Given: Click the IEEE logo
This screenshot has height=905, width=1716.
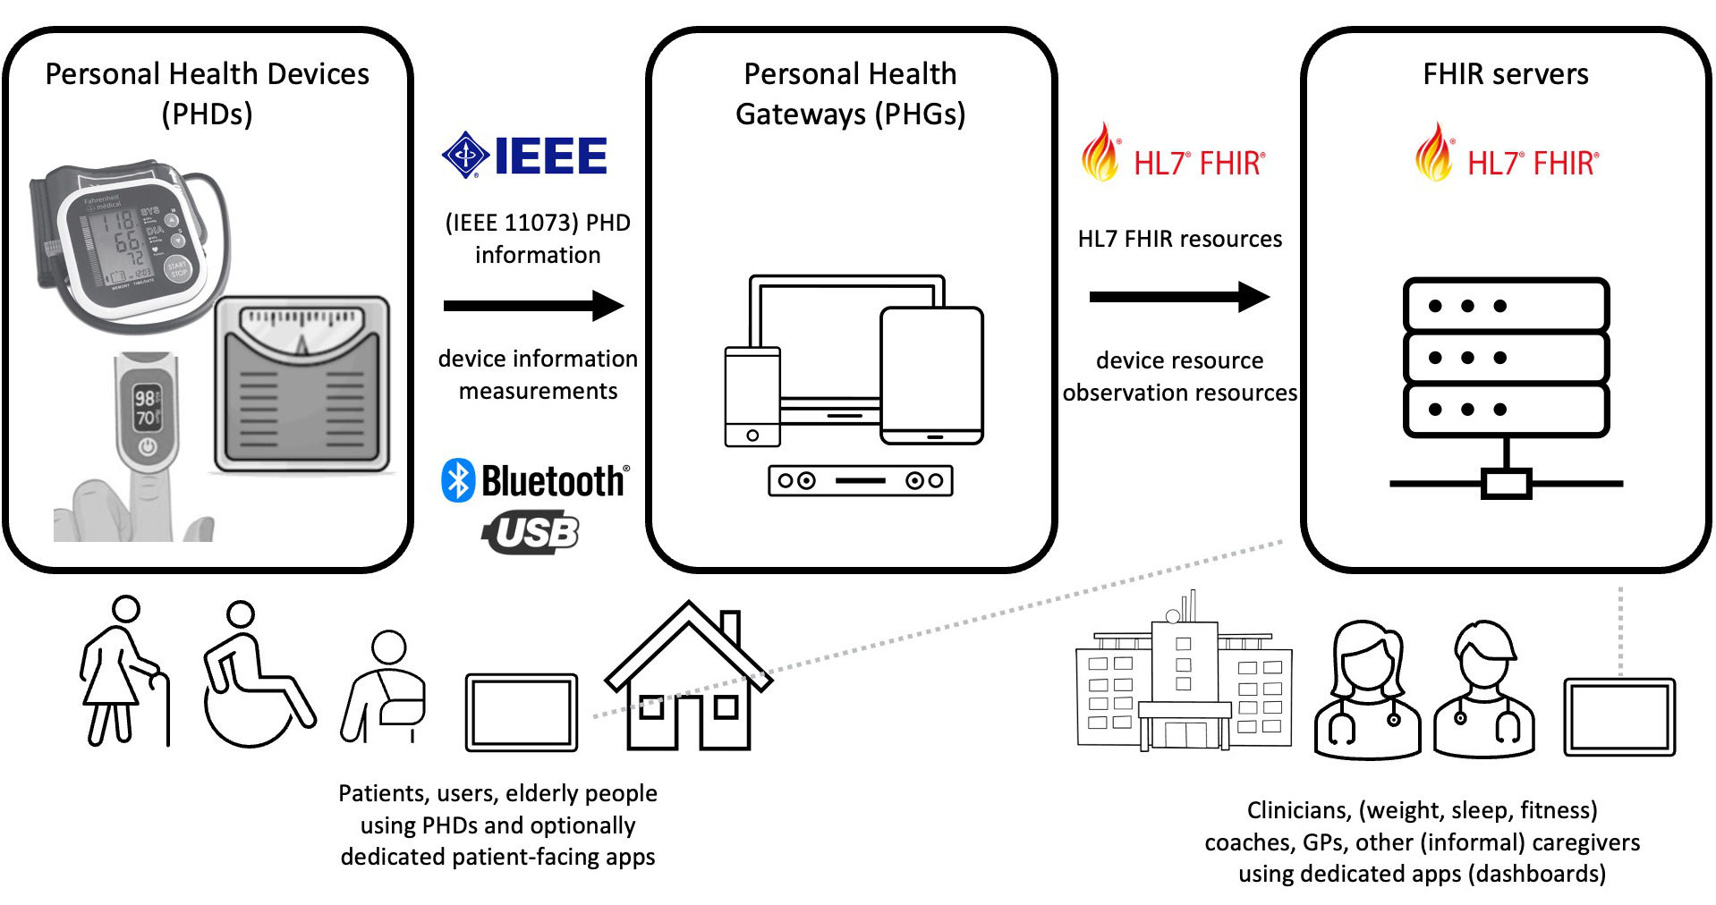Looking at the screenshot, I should pos(525,156).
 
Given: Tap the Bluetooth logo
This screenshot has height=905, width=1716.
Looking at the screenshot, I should pos(535,481).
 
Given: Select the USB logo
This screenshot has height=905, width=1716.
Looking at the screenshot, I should pos(531,533).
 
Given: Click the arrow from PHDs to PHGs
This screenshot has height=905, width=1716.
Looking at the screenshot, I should pos(533,306).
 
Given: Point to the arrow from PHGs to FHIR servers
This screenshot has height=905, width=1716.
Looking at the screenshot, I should pos(1179,297).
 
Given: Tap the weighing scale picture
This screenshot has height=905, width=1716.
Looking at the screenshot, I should pos(302,385).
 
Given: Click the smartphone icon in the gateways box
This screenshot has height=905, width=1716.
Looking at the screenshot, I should pos(752,396).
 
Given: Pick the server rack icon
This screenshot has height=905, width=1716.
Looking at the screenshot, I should pos(1506,385).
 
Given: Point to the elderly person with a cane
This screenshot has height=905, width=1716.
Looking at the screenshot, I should pos(123,671).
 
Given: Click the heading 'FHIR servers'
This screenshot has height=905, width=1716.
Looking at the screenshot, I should pos(1506,73).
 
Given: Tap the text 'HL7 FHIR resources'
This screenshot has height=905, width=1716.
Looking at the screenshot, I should pos(1179,239).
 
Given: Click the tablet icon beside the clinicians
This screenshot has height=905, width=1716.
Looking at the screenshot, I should pos(1619,717).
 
